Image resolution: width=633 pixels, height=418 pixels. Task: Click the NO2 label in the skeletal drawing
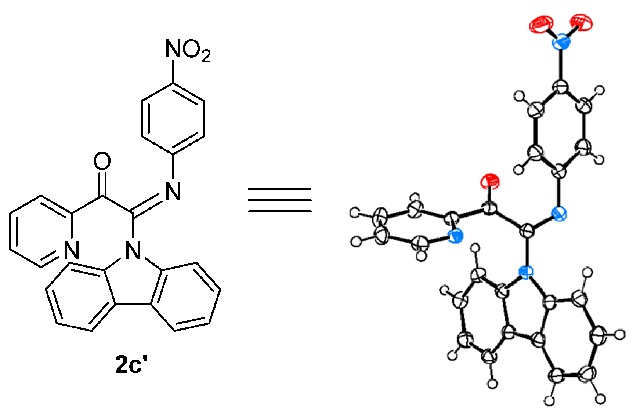pyautogui.click(x=188, y=50)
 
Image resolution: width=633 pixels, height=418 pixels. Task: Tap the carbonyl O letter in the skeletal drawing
pyautogui.click(x=102, y=161)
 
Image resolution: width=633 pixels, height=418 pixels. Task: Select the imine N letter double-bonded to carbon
pyautogui.click(x=173, y=192)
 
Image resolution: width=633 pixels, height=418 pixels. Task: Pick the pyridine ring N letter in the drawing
pyautogui.click(x=71, y=251)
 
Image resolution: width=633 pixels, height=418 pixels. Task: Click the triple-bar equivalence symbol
pyautogui.click(x=279, y=200)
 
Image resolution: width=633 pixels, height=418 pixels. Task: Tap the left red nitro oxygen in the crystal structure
pyautogui.click(x=541, y=25)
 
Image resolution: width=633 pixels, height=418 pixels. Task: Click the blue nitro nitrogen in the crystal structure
pyautogui.click(x=561, y=41)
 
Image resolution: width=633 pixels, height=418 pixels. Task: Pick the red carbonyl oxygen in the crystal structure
pyautogui.click(x=490, y=181)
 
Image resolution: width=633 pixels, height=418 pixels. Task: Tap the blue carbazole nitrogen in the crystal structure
pyautogui.click(x=527, y=273)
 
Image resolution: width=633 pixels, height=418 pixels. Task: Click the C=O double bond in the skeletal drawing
pyautogui.click(x=102, y=183)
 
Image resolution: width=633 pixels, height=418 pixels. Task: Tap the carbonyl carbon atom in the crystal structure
pyautogui.click(x=489, y=209)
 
